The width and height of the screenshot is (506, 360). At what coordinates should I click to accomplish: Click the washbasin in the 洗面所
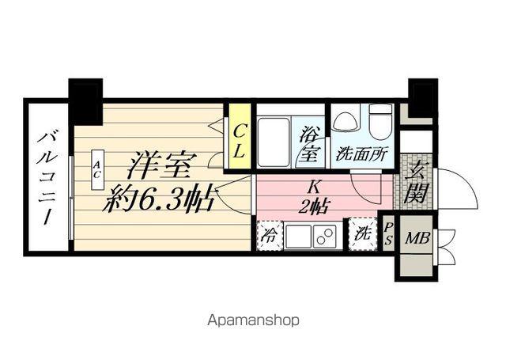point(345,122)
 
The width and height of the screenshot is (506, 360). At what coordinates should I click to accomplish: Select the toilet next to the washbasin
point(379,123)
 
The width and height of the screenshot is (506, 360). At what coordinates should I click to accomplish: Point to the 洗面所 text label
point(361,154)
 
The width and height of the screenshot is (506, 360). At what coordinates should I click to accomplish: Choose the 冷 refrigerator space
point(270,235)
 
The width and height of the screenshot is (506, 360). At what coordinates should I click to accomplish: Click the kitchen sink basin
point(298,236)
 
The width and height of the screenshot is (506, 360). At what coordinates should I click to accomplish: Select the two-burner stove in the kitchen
point(324,236)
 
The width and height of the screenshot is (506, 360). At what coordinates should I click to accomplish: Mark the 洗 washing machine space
point(363,234)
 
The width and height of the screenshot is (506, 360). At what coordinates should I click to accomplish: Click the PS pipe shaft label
point(388,234)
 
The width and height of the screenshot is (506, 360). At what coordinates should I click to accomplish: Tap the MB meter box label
point(414,238)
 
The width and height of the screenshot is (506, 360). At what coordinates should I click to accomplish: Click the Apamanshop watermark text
point(253,321)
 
